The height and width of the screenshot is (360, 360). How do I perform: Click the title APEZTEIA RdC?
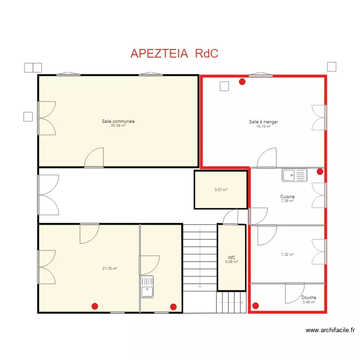(174, 53)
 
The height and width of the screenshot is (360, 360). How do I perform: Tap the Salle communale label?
(118, 121)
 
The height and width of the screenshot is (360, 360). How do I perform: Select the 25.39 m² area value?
(118, 126)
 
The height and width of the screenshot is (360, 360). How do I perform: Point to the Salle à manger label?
(264, 122)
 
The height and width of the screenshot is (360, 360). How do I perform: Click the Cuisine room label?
(288, 196)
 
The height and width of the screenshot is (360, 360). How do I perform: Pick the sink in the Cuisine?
(295, 175)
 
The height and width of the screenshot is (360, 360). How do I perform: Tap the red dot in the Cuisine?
(320, 171)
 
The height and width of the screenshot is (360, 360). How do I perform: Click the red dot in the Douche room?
(255, 306)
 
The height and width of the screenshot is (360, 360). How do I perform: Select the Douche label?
(309, 297)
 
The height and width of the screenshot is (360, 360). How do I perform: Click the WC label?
(231, 258)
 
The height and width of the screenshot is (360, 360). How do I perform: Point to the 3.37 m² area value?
(221, 190)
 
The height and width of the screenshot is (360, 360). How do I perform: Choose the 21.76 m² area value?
(110, 268)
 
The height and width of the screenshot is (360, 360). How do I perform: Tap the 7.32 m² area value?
(288, 254)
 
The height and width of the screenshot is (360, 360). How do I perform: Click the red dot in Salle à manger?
(242, 82)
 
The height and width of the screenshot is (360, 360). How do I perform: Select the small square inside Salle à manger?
(224, 86)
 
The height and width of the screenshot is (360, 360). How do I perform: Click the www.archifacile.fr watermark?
(330, 330)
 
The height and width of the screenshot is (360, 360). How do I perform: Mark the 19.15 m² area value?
(264, 126)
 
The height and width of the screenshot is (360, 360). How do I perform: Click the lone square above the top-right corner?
(332, 67)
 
